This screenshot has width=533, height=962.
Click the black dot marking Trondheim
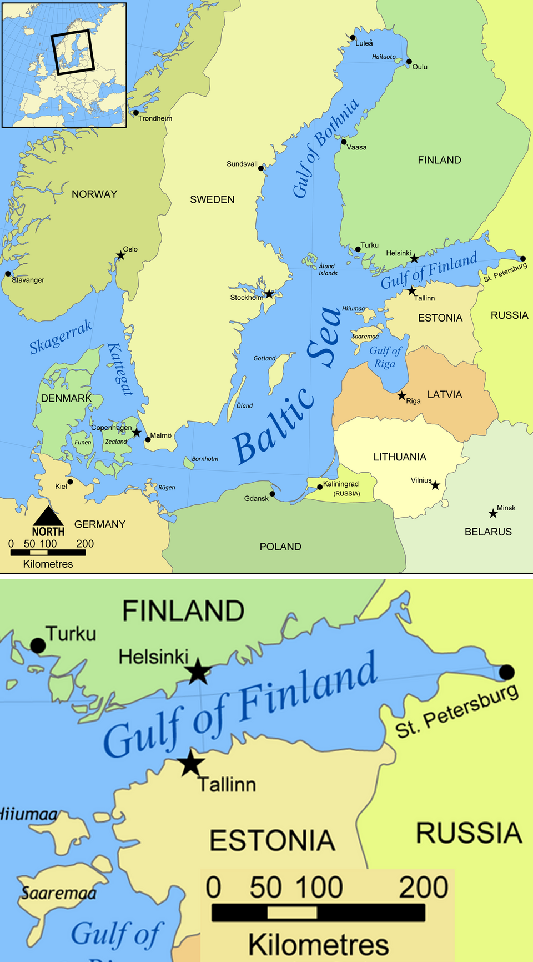click(x=136, y=113)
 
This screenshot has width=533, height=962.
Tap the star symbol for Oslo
click(x=120, y=255)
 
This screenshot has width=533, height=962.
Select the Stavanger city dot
click(x=8, y=273)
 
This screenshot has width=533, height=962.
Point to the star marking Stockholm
click(x=269, y=293)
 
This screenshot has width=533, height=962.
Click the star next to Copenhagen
click(x=137, y=432)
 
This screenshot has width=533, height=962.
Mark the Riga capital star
click(x=401, y=396)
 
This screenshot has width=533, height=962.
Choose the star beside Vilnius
click(x=435, y=485)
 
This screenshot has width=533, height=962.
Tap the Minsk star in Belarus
click(x=492, y=513)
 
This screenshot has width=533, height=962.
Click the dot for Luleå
click(x=353, y=38)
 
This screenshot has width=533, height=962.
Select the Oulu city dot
click(x=409, y=62)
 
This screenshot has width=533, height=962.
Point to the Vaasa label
click(x=356, y=147)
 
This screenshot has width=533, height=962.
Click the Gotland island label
click(x=264, y=358)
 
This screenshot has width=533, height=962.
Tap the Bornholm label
click(x=205, y=459)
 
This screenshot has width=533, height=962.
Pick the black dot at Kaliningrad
click(x=320, y=487)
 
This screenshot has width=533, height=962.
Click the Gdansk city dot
click(x=272, y=493)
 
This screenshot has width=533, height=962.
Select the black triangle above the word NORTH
click(x=48, y=517)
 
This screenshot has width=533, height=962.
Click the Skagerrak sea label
click(x=61, y=337)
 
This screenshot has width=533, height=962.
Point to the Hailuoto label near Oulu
click(x=384, y=57)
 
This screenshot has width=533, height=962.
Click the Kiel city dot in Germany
click(x=70, y=482)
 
